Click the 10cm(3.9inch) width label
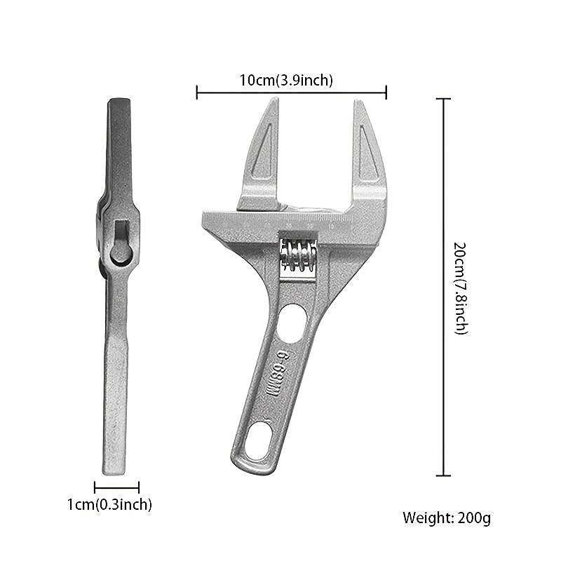(286, 80)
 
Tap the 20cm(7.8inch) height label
(460, 288)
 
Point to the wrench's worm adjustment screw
(298, 255)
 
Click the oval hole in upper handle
(291, 322)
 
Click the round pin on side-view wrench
(120, 253)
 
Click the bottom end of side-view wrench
(114, 471)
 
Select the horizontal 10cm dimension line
(291, 91)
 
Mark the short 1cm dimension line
(116, 487)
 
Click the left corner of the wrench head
(205, 218)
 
